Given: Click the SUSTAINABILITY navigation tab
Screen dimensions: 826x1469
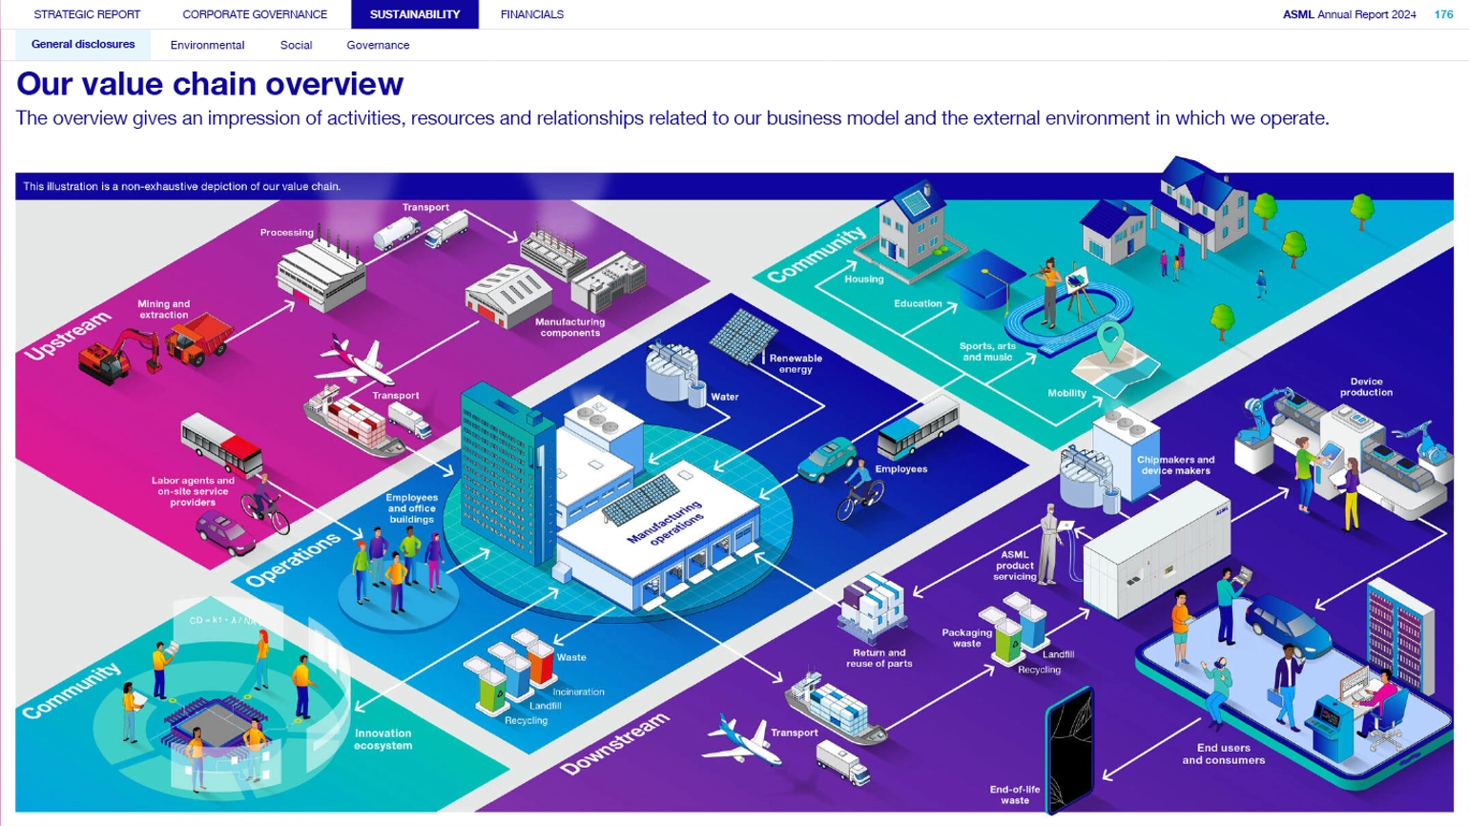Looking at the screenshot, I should tap(414, 14).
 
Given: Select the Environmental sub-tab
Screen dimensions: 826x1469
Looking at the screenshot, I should tap(207, 45).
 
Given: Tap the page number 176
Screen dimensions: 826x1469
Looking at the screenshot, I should tap(1443, 14).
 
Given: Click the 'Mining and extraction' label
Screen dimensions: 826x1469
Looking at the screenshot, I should tap(163, 309).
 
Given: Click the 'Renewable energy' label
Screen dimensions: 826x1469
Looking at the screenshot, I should tap(796, 363).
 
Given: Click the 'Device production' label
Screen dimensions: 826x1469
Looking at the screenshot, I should tap(1366, 386).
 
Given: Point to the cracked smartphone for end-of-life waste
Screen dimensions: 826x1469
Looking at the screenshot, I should tap(1070, 754).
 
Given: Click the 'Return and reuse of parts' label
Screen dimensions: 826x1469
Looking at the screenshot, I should tap(879, 658).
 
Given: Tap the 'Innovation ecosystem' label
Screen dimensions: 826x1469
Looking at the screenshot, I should tap(383, 739).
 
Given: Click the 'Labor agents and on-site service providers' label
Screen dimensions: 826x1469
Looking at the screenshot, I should tap(193, 491).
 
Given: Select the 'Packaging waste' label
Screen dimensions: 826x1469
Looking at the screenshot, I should tap(966, 637).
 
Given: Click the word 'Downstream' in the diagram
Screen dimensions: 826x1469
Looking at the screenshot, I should tap(614, 743).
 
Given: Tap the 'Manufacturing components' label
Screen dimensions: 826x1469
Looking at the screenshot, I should tap(569, 327).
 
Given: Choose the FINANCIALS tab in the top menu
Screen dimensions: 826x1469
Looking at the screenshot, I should tap(531, 14).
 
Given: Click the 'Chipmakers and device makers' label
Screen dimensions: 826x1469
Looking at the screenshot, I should tap(1175, 465).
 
